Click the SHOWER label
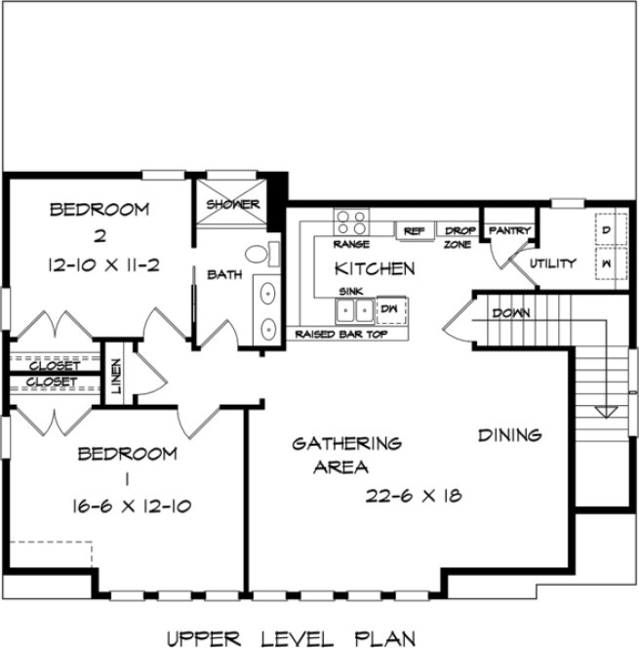233,205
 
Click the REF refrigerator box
414,231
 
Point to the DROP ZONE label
459,237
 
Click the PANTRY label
509,231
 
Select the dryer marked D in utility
606,230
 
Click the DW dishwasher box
390,308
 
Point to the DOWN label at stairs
511,313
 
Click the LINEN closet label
115,378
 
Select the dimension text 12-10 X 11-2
100,263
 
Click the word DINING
509,434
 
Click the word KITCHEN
375,267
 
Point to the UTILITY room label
552,263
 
